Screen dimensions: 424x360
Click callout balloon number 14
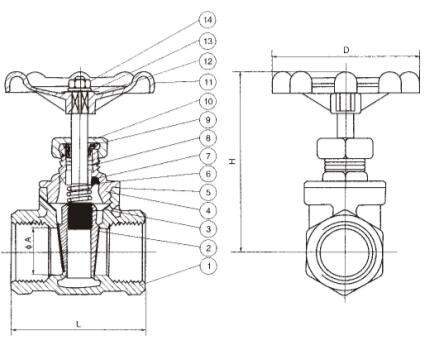(208, 20)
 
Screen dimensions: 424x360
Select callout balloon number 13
(208, 41)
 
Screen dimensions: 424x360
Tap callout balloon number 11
(208, 82)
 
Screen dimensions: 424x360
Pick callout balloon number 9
(208, 120)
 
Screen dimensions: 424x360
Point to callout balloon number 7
(208, 156)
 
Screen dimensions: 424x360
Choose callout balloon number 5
(208, 192)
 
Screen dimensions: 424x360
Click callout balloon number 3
(208, 229)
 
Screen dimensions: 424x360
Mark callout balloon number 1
(208, 266)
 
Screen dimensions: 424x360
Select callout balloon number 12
(208, 61)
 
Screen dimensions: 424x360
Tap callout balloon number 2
(208, 248)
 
